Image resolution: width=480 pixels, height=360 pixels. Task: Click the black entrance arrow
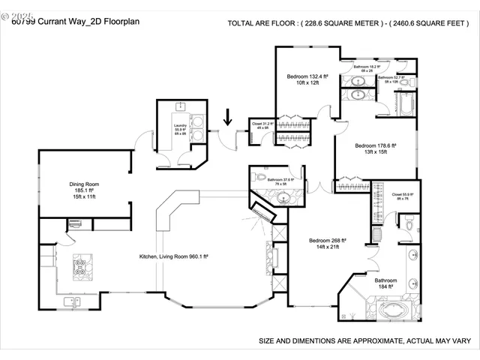pyautogui.click(x=228, y=118)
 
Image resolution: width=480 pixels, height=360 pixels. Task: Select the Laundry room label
pyautogui.click(x=180, y=128)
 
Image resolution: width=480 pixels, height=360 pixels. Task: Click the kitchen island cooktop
pyautogui.click(x=80, y=264)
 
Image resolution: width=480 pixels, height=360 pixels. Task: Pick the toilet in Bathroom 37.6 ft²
pyautogui.click(x=259, y=178)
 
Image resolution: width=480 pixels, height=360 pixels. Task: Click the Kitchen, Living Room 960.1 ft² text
pyautogui.click(x=173, y=256)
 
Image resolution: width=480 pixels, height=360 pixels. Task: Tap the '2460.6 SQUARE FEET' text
pyautogui.click(x=427, y=23)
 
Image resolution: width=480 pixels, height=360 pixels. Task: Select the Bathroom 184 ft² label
pyautogui.click(x=385, y=283)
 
